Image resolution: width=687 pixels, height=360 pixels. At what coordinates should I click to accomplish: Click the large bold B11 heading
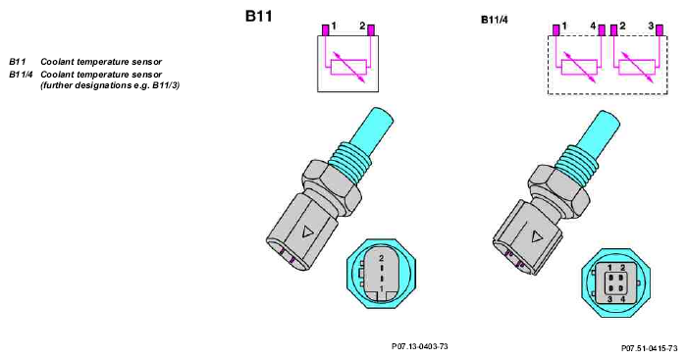tap(260, 18)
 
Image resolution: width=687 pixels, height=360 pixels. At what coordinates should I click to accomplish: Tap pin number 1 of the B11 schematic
tap(325, 29)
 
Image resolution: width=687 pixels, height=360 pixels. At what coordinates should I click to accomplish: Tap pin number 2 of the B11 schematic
tap(372, 29)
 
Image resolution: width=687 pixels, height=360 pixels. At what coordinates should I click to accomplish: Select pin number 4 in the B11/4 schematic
tap(601, 30)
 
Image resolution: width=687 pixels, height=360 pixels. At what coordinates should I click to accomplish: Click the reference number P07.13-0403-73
tap(420, 346)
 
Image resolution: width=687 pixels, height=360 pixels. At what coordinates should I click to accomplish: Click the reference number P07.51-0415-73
tap(649, 347)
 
